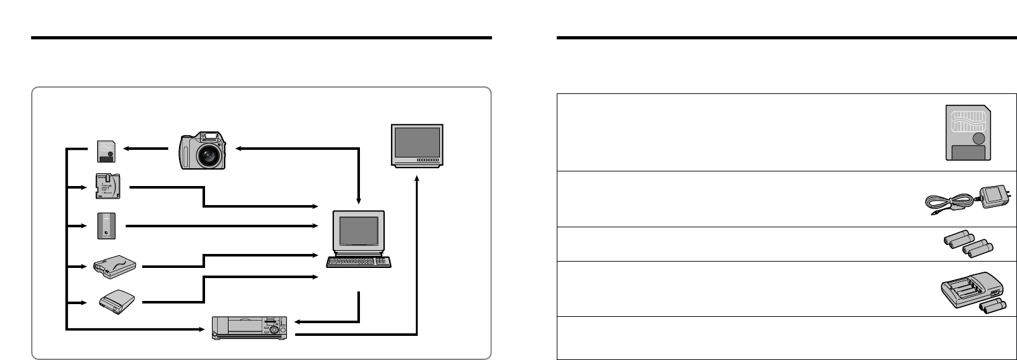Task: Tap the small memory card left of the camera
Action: (x=106, y=150)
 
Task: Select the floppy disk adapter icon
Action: (x=105, y=187)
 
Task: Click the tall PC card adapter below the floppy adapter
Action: (x=106, y=226)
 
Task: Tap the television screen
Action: (x=417, y=142)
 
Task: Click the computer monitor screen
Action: (x=358, y=231)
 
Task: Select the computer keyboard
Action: (x=358, y=261)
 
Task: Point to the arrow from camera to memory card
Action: (x=145, y=150)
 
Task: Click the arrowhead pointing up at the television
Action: (x=417, y=180)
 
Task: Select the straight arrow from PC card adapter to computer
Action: (x=222, y=226)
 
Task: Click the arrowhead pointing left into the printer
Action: (x=299, y=322)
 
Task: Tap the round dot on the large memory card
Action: (x=978, y=138)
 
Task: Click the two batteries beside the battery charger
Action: (x=993, y=307)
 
